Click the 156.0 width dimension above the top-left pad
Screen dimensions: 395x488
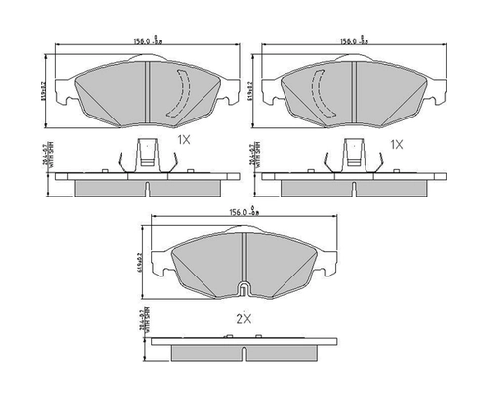click(x=147, y=41)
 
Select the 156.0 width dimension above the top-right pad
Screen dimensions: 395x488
click(x=354, y=41)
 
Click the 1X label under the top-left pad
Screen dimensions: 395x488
click(x=183, y=142)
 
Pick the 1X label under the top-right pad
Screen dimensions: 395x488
click(x=396, y=144)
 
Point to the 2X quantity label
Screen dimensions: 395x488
click(x=244, y=319)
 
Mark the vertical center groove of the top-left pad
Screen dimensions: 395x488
click(x=147, y=94)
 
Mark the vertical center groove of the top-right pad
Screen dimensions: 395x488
click(x=354, y=94)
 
